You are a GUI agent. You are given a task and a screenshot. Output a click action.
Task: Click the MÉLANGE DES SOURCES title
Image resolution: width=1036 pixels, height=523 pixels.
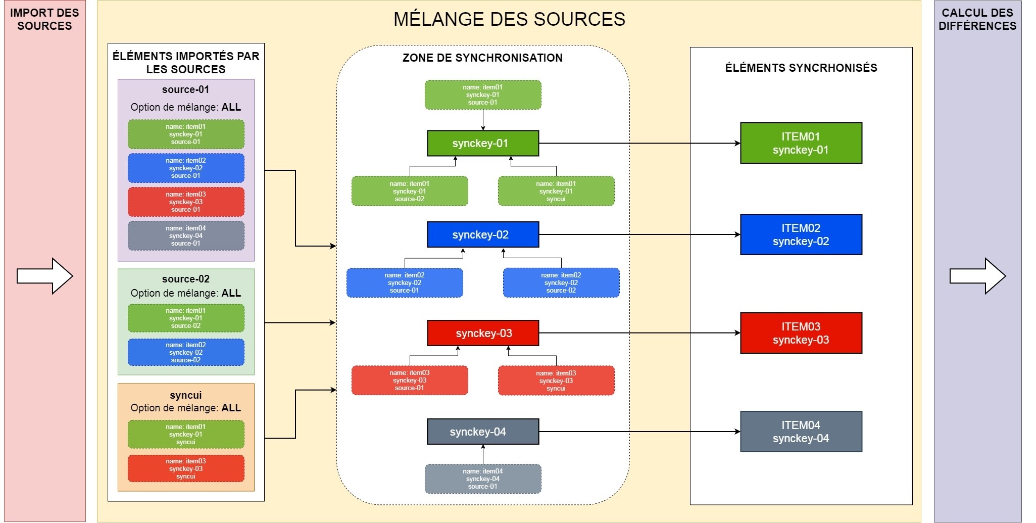click(x=509, y=19)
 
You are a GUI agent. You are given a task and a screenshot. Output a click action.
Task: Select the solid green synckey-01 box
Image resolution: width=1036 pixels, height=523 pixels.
click(x=483, y=144)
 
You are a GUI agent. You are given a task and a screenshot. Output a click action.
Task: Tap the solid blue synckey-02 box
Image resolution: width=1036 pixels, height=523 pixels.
click(x=483, y=234)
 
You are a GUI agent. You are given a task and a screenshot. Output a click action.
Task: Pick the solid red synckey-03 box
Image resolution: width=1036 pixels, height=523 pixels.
click(x=483, y=333)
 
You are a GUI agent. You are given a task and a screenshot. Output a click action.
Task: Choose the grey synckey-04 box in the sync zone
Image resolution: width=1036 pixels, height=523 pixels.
click(x=483, y=432)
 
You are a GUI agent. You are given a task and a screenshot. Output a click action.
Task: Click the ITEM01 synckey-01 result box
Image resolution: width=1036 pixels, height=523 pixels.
click(x=801, y=143)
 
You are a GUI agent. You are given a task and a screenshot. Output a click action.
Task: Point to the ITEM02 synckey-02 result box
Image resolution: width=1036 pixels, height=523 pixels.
click(x=801, y=234)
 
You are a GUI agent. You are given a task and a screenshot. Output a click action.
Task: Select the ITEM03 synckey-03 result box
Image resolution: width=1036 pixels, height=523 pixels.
click(x=801, y=333)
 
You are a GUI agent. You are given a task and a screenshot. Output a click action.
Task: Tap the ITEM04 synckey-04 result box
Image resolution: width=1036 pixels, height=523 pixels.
click(x=801, y=432)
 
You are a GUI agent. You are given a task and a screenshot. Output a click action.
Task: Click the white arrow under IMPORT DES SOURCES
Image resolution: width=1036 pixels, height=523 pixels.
click(x=44, y=276)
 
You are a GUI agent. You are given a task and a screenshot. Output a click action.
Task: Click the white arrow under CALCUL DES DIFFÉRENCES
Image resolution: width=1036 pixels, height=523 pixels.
click(x=977, y=276)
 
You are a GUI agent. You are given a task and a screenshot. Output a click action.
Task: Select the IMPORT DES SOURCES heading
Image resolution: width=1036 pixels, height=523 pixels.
click(x=44, y=19)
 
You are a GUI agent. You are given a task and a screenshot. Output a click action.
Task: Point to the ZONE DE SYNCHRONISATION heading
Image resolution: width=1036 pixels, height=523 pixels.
click(x=482, y=58)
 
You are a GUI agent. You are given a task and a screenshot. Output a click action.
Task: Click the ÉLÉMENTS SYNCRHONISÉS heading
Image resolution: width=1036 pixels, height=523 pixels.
click(x=801, y=68)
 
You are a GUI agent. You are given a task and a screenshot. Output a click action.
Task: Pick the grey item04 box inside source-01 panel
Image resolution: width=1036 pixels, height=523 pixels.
click(x=186, y=235)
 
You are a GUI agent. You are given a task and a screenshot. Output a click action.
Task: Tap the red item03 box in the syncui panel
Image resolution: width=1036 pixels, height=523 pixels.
click(x=186, y=468)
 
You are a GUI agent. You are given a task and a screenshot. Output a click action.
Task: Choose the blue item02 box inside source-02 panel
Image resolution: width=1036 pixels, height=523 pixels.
click(x=186, y=352)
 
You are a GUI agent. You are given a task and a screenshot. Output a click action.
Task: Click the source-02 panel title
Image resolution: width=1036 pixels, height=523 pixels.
click(x=186, y=279)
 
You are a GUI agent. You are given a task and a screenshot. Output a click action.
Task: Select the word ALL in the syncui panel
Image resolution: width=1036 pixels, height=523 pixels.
click(x=231, y=408)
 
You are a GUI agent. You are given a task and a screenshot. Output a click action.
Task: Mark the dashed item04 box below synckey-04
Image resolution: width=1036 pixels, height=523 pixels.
click(x=483, y=479)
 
